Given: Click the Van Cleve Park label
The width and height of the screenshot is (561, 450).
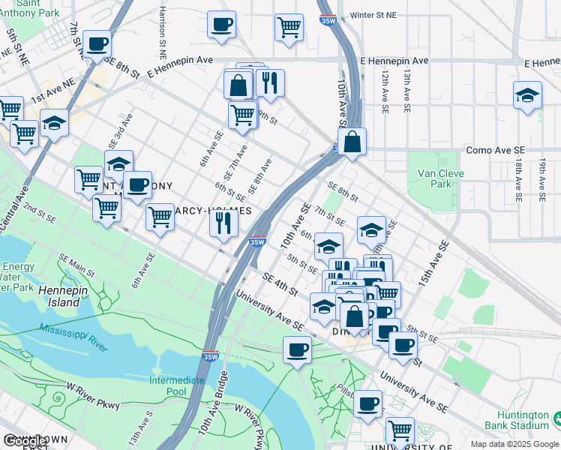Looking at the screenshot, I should [435, 177].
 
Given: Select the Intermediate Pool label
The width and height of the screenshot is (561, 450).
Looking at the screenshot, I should [176, 385].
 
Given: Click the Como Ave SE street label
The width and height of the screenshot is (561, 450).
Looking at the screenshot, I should [489, 150].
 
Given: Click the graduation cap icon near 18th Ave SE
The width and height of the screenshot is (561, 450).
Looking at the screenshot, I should [528, 96].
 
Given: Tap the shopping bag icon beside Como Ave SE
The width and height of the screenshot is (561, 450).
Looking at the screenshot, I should [352, 141].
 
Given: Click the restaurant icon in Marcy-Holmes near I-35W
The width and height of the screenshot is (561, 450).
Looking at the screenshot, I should [223, 223].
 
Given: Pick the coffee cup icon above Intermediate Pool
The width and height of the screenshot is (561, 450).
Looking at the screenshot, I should [298, 349].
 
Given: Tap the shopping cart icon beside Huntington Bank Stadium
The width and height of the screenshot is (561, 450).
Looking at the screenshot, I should [400, 430].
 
